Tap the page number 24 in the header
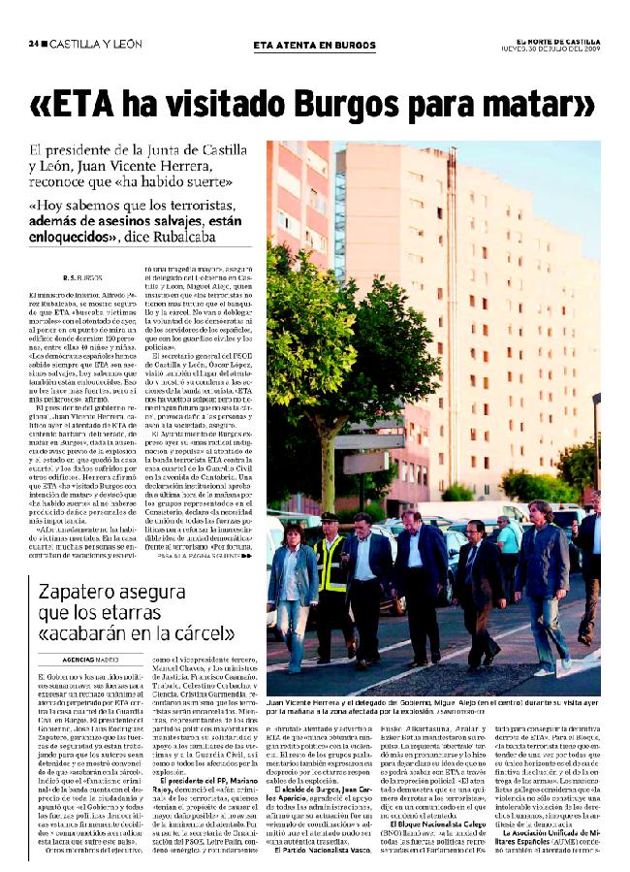[33, 44]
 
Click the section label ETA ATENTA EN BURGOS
[313, 45]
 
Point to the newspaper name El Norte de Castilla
[557, 40]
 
